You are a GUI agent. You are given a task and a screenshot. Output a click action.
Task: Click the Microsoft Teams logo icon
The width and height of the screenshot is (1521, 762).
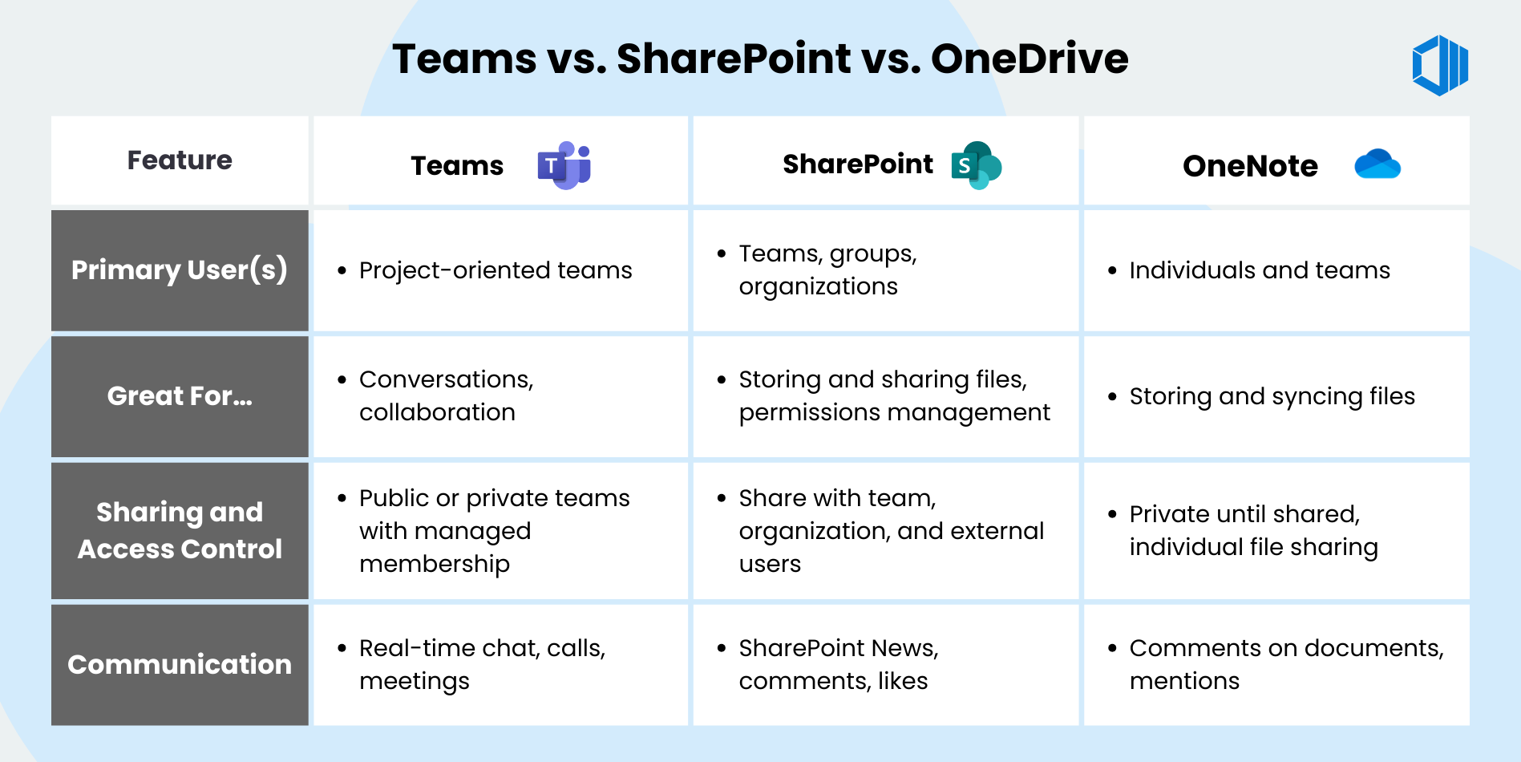coord(564,165)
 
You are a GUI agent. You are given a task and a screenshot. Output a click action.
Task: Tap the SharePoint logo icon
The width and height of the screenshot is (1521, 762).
coord(976,165)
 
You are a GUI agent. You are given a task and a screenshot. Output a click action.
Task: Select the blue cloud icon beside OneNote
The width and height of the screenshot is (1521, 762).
coord(1377,164)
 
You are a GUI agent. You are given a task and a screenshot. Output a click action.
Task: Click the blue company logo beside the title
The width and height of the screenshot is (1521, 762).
coord(1440,65)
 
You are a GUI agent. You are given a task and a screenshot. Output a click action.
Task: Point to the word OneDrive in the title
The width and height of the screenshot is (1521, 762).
coord(1029,59)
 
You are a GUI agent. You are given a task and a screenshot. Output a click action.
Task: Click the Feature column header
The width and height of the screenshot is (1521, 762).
coord(180,160)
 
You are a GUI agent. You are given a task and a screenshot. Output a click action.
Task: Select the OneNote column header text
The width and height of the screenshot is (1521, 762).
coord(1250,166)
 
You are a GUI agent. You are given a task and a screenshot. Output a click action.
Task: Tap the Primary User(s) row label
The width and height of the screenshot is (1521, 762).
coord(180,270)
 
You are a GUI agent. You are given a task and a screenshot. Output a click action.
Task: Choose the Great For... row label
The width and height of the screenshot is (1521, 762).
coord(180,396)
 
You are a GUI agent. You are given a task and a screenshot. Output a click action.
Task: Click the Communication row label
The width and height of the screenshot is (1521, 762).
coord(180,664)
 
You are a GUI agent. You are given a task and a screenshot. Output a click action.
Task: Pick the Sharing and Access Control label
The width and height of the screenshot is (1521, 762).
coord(180,530)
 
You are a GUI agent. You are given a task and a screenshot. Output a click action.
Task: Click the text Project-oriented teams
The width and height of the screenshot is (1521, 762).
coord(496,270)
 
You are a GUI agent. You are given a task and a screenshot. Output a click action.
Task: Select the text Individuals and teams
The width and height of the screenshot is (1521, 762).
coord(1260,270)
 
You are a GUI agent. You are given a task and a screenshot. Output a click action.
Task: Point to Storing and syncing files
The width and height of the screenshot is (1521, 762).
coord(1272,396)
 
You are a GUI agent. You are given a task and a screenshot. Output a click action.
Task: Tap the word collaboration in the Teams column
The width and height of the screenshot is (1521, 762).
coord(437,412)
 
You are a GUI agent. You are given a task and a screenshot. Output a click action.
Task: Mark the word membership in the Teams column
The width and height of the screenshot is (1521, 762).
coord(435,564)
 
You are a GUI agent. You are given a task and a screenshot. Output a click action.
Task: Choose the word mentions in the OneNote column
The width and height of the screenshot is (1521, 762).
coord(1184,681)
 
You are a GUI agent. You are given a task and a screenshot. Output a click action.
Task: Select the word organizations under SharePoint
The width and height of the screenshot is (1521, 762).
coord(818,286)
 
